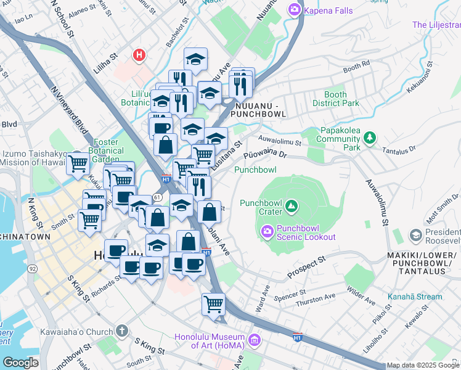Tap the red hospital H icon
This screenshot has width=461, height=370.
[140, 55]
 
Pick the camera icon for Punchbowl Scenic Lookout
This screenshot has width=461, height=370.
[267, 231]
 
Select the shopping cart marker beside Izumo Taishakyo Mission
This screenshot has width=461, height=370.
[78, 164]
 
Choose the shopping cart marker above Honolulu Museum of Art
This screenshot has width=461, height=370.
[213, 303]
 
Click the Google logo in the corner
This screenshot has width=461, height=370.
[20, 363]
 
